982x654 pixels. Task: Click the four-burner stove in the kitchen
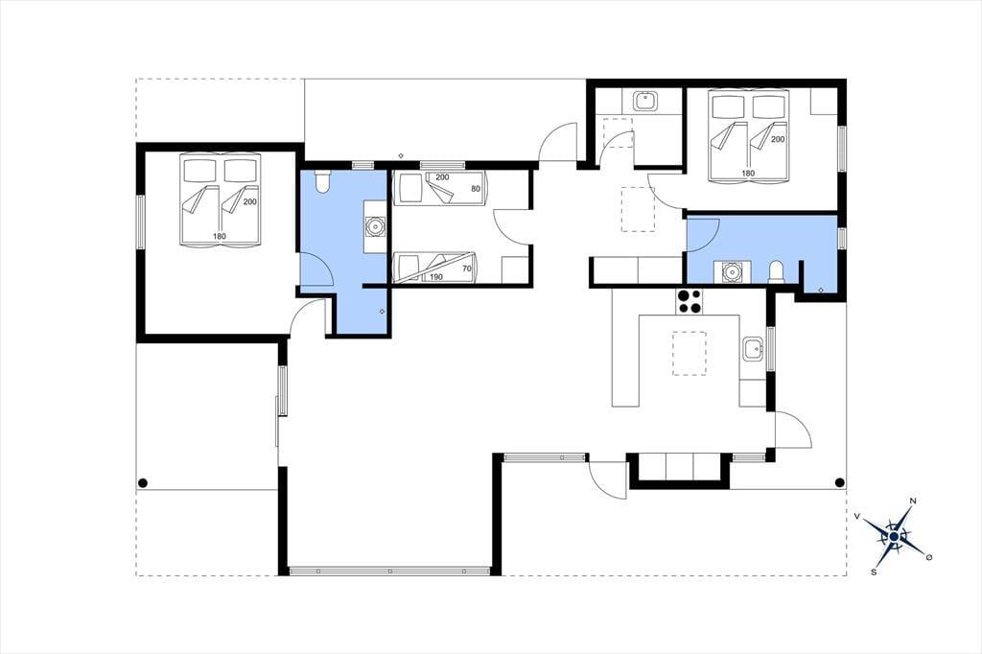coord(690,301)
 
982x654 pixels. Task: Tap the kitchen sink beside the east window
coord(753,350)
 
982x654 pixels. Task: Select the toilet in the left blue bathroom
coord(323,181)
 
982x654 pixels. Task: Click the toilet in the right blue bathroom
coord(776,272)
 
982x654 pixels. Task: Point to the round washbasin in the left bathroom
coord(375,226)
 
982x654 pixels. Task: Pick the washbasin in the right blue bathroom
coord(730,272)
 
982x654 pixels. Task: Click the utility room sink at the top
coord(645,101)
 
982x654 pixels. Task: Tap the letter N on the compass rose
coord(913,501)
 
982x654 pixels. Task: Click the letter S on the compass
coord(873,572)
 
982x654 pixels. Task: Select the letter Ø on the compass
coord(928,557)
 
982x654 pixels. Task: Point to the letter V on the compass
coord(856,516)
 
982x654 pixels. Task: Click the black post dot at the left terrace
coord(143,482)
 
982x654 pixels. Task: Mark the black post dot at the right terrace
coord(840,482)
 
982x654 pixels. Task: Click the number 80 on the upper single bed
coord(476,189)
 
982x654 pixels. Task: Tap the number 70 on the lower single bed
coord(467,269)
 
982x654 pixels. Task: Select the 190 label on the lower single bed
coord(436,277)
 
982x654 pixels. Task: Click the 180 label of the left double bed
coord(220,236)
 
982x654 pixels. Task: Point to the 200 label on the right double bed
coord(777,139)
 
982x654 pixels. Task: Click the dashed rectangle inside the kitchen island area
coord(689,353)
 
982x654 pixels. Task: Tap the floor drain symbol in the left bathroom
coord(382,312)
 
